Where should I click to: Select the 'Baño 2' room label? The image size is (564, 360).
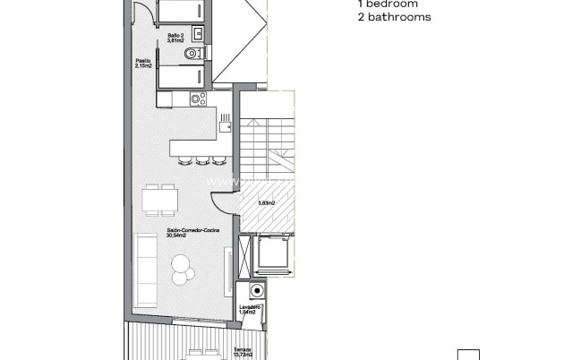click(x=175, y=37)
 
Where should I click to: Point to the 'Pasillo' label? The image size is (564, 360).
click(x=143, y=61)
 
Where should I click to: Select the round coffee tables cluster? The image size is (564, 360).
click(x=181, y=266)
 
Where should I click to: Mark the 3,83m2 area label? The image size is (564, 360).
click(x=265, y=203)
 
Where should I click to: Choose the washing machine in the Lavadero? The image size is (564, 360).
click(x=257, y=292)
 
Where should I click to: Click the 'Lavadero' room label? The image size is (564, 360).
click(x=250, y=307)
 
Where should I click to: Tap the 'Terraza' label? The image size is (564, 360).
click(x=242, y=348)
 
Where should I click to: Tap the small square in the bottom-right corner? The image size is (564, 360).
click(x=468, y=354)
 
